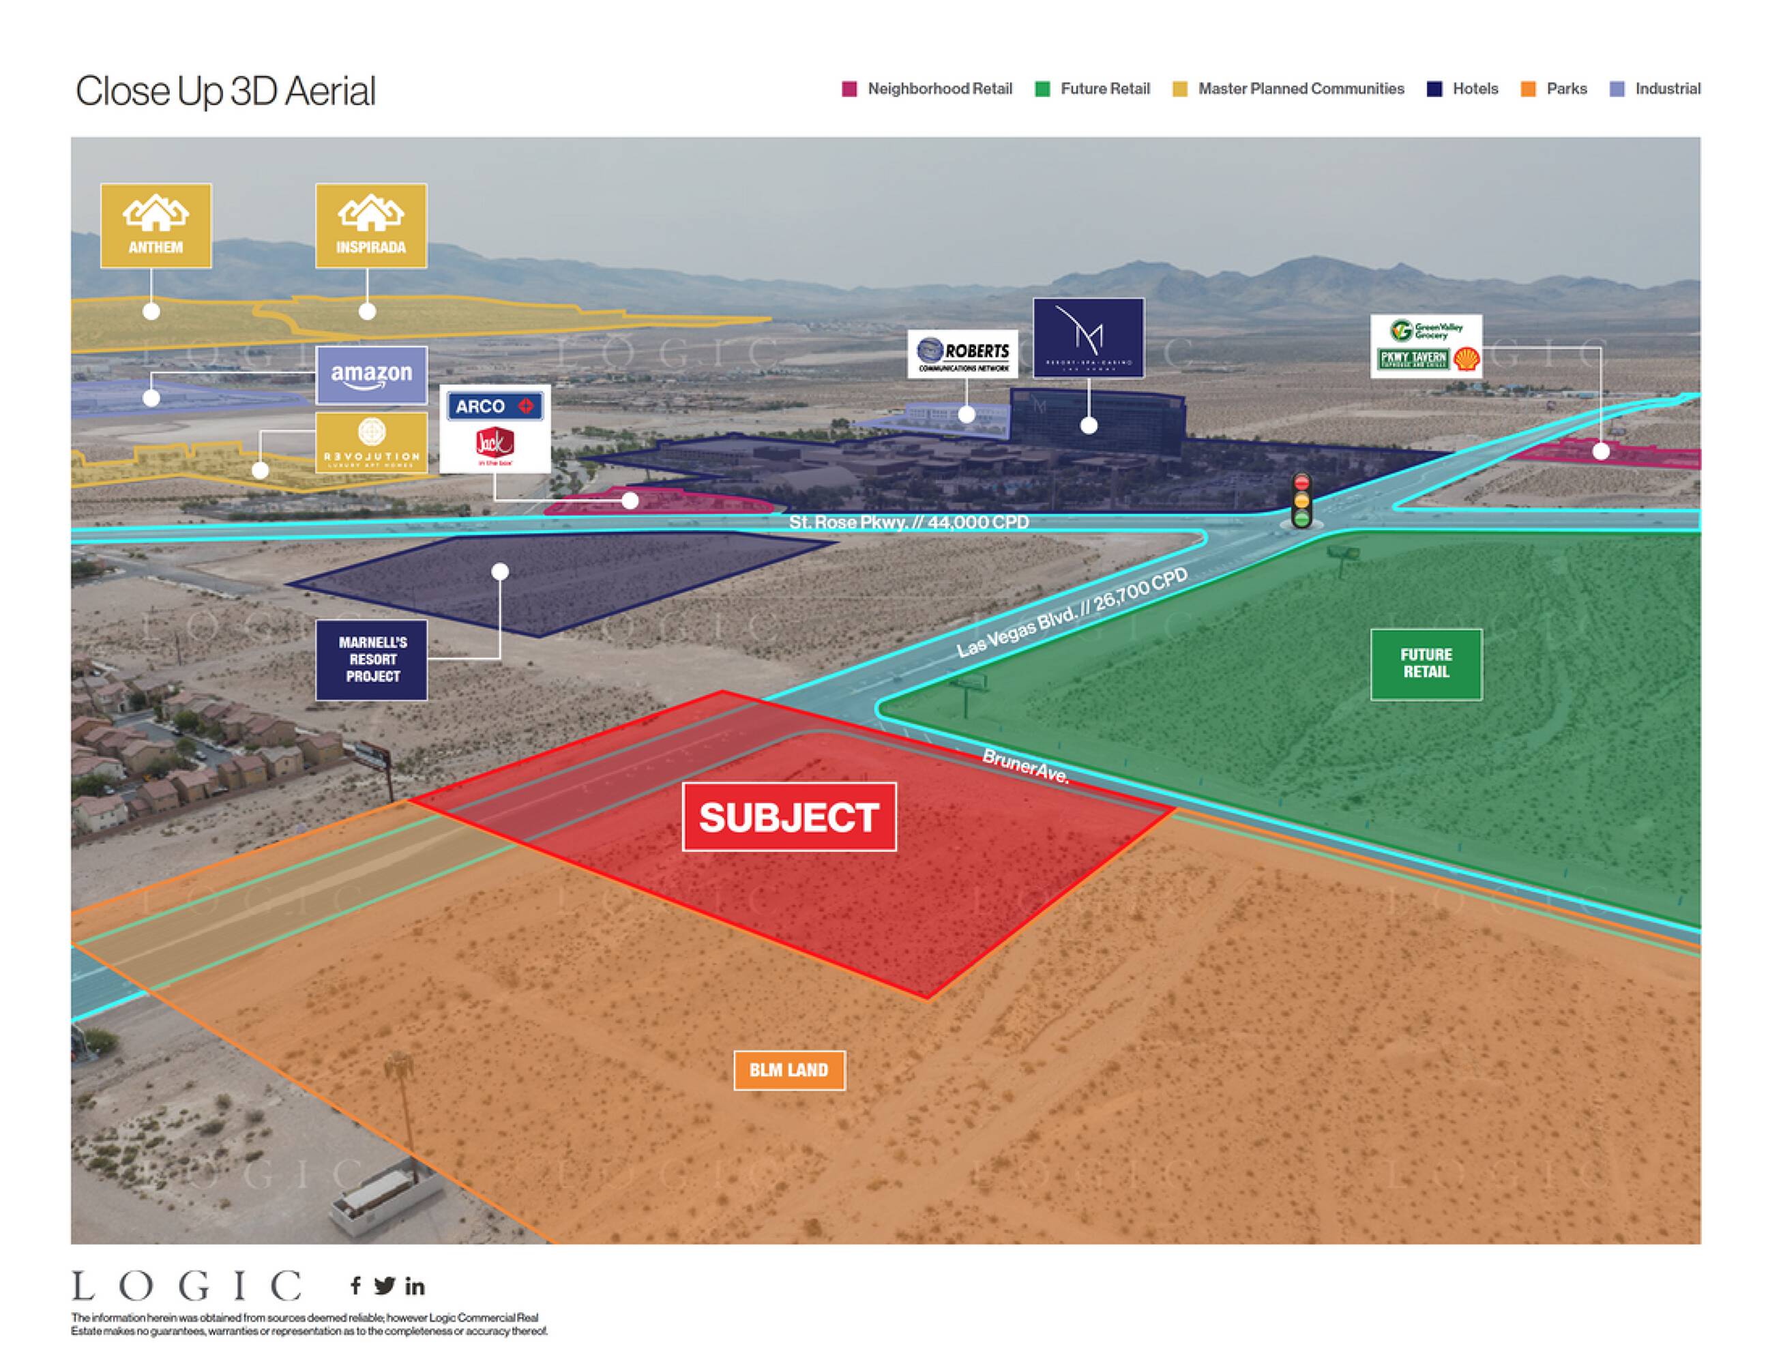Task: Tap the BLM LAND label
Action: point(789,1070)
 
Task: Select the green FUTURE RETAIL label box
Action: point(1426,664)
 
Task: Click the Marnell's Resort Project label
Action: point(372,659)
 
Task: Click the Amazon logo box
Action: point(372,375)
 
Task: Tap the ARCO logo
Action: point(494,406)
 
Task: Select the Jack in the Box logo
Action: point(495,445)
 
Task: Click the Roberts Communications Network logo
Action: point(962,354)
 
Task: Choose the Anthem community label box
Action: point(156,226)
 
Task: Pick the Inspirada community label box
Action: point(371,226)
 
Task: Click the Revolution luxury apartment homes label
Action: point(372,442)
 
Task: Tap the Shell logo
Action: point(1466,359)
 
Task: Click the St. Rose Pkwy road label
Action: point(909,522)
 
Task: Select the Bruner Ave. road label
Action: point(1026,766)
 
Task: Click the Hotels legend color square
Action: point(1434,89)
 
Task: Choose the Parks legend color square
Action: point(1529,89)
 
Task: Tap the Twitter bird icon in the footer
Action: point(385,1286)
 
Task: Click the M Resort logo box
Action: point(1088,338)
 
